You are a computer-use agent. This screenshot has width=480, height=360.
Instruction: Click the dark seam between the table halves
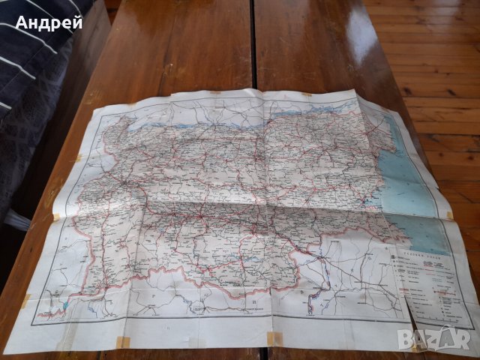pyautogui.click(x=253, y=45)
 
